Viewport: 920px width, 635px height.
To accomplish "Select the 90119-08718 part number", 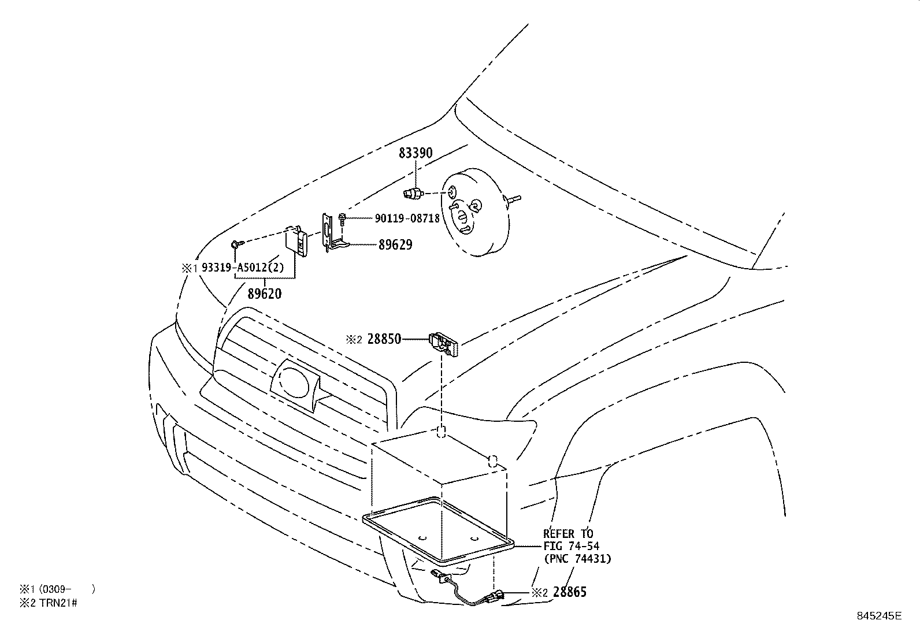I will (x=407, y=218).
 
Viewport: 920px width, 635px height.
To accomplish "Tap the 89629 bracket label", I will (x=395, y=245).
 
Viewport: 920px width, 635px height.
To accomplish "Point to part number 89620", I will (x=265, y=294).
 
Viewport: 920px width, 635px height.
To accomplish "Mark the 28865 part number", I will (x=569, y=592).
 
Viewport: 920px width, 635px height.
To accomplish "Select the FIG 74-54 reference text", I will (x=570, y=546).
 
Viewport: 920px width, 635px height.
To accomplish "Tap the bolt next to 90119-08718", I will (x=343, y=218).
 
